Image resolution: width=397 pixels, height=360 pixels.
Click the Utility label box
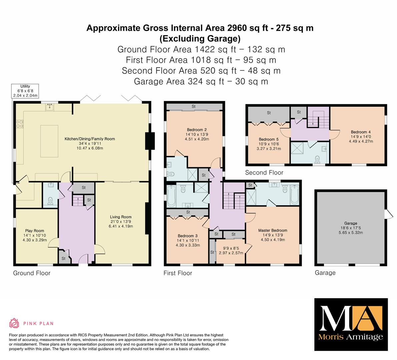click(25, 91)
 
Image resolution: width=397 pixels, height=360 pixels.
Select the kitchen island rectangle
click(49, 141)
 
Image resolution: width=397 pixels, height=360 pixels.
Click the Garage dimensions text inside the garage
click(351, 230)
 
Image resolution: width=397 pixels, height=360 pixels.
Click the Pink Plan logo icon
click(14, 323)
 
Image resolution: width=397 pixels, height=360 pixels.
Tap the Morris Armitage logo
click(351, 325)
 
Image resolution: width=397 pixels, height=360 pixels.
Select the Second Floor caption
click(264, 173)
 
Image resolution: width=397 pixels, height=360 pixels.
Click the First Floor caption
click(178, 273)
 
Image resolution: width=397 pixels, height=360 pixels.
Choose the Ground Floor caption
click(32, 273)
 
